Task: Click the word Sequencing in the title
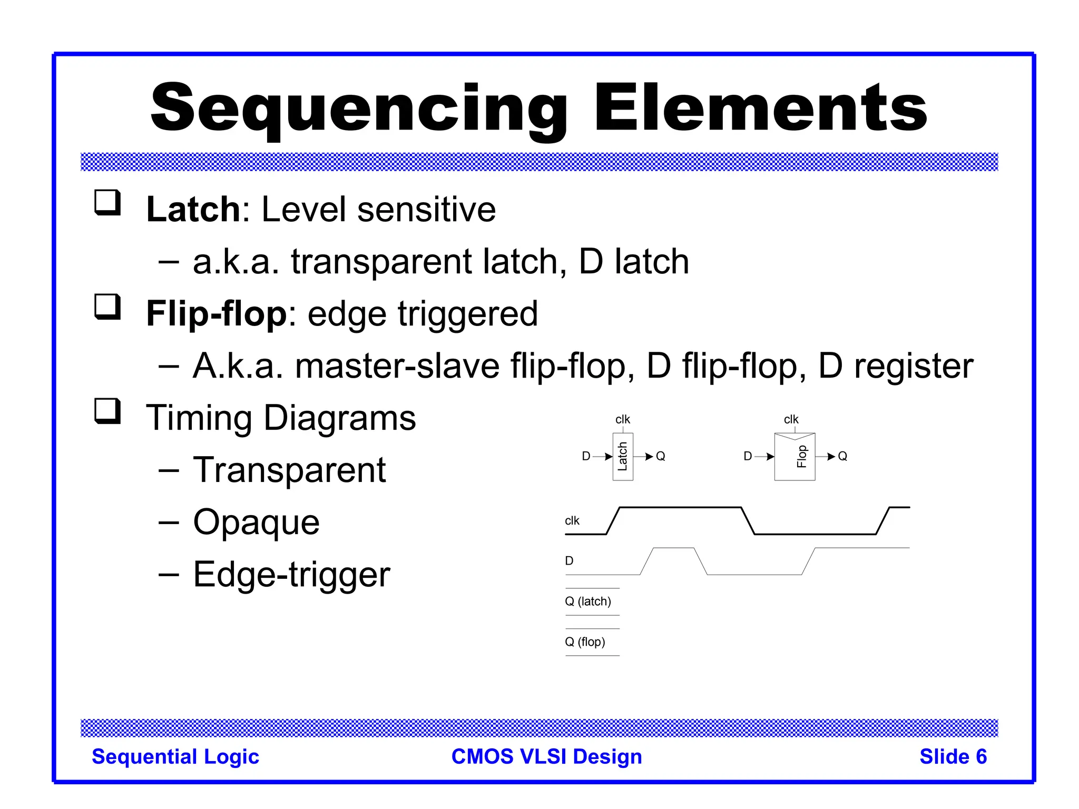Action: (x=358, y=109)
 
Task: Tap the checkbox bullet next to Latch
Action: (x=107, y=202)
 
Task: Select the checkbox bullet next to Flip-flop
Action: (x=107, y=307)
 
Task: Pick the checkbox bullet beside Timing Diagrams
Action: (x=107, y=411)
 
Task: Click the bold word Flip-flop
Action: (x=217, y=314)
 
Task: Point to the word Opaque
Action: (x=256, y=522)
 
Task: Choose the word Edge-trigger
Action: (x=291, y=575)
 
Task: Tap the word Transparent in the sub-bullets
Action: (x=289, y=470)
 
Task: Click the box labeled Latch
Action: (x=623, y=457)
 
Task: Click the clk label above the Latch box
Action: (x=622, y=419)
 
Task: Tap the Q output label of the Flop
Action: (x=842, y=456)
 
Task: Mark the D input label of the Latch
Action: (x=586, y=456)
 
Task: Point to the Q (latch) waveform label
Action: (x=588, y=601)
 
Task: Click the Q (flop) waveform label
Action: (x=585, y=642)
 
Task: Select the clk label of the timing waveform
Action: (x=572, y=521)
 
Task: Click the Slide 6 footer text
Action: (x=953, y=757)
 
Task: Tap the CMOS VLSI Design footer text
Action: (x=546, y=757)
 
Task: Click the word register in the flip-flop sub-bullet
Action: (x=913, y=367)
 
